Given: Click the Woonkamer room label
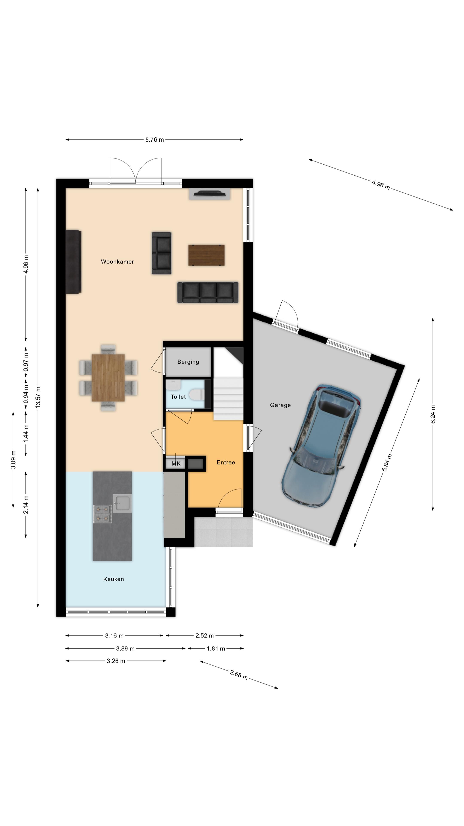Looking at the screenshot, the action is pos(117,262).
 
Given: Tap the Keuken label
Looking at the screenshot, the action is pos(113,579).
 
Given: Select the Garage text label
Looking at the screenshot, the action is pos(280,405).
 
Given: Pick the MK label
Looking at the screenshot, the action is pos(176,464).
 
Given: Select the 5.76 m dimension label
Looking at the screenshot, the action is pos(154,140).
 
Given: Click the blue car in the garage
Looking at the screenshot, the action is pos(321,446).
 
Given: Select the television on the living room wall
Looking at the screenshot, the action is pos(210,193).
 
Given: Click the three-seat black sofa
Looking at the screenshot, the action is pos(208,293).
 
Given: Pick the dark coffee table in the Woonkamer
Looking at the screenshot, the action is pos(206,255).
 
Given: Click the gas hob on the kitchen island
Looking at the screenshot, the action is pos(102,514).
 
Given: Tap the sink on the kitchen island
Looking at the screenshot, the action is pos(122,503).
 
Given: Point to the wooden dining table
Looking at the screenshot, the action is pos(108,378).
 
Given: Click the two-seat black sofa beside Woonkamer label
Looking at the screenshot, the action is pos(161,253).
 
